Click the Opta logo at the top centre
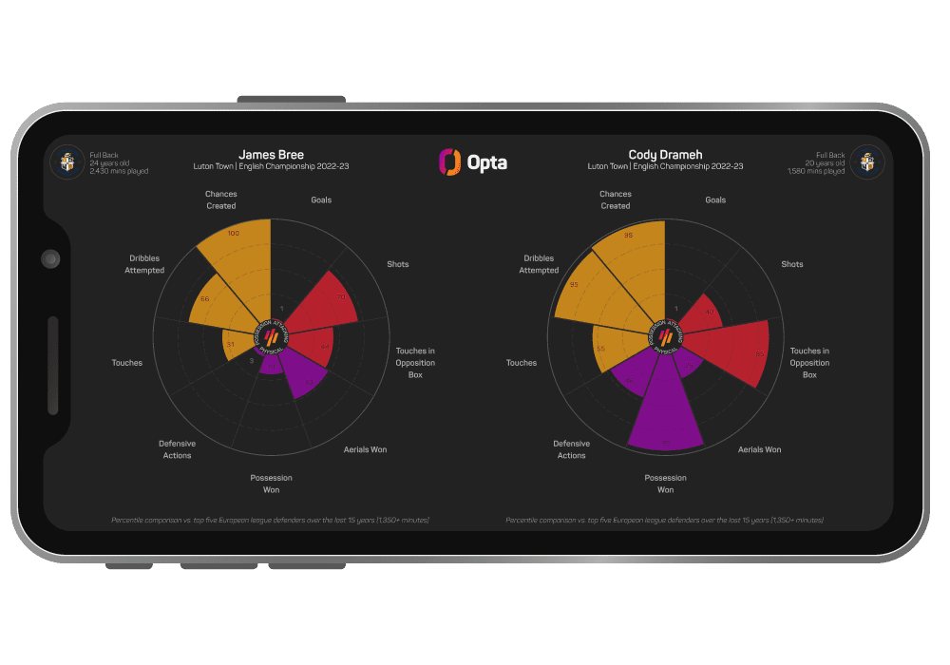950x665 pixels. (473, 162)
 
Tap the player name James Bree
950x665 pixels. (271, 155)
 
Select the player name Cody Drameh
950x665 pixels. (665, 155)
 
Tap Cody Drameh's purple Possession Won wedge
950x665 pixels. (665, 408)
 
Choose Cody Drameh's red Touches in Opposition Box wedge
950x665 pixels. (736, 350)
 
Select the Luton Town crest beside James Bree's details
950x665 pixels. (66, 161)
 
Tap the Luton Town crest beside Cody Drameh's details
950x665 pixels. (866, 161)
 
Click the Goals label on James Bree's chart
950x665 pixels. (321, 200)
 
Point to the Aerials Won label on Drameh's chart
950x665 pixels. (759, 449)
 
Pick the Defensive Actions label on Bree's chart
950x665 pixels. (177, 449)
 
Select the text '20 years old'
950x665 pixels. (826, 163)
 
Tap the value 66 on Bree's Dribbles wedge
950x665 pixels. (205, 299)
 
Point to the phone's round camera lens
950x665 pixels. (50, 258)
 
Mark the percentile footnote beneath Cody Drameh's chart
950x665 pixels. (665, 520)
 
